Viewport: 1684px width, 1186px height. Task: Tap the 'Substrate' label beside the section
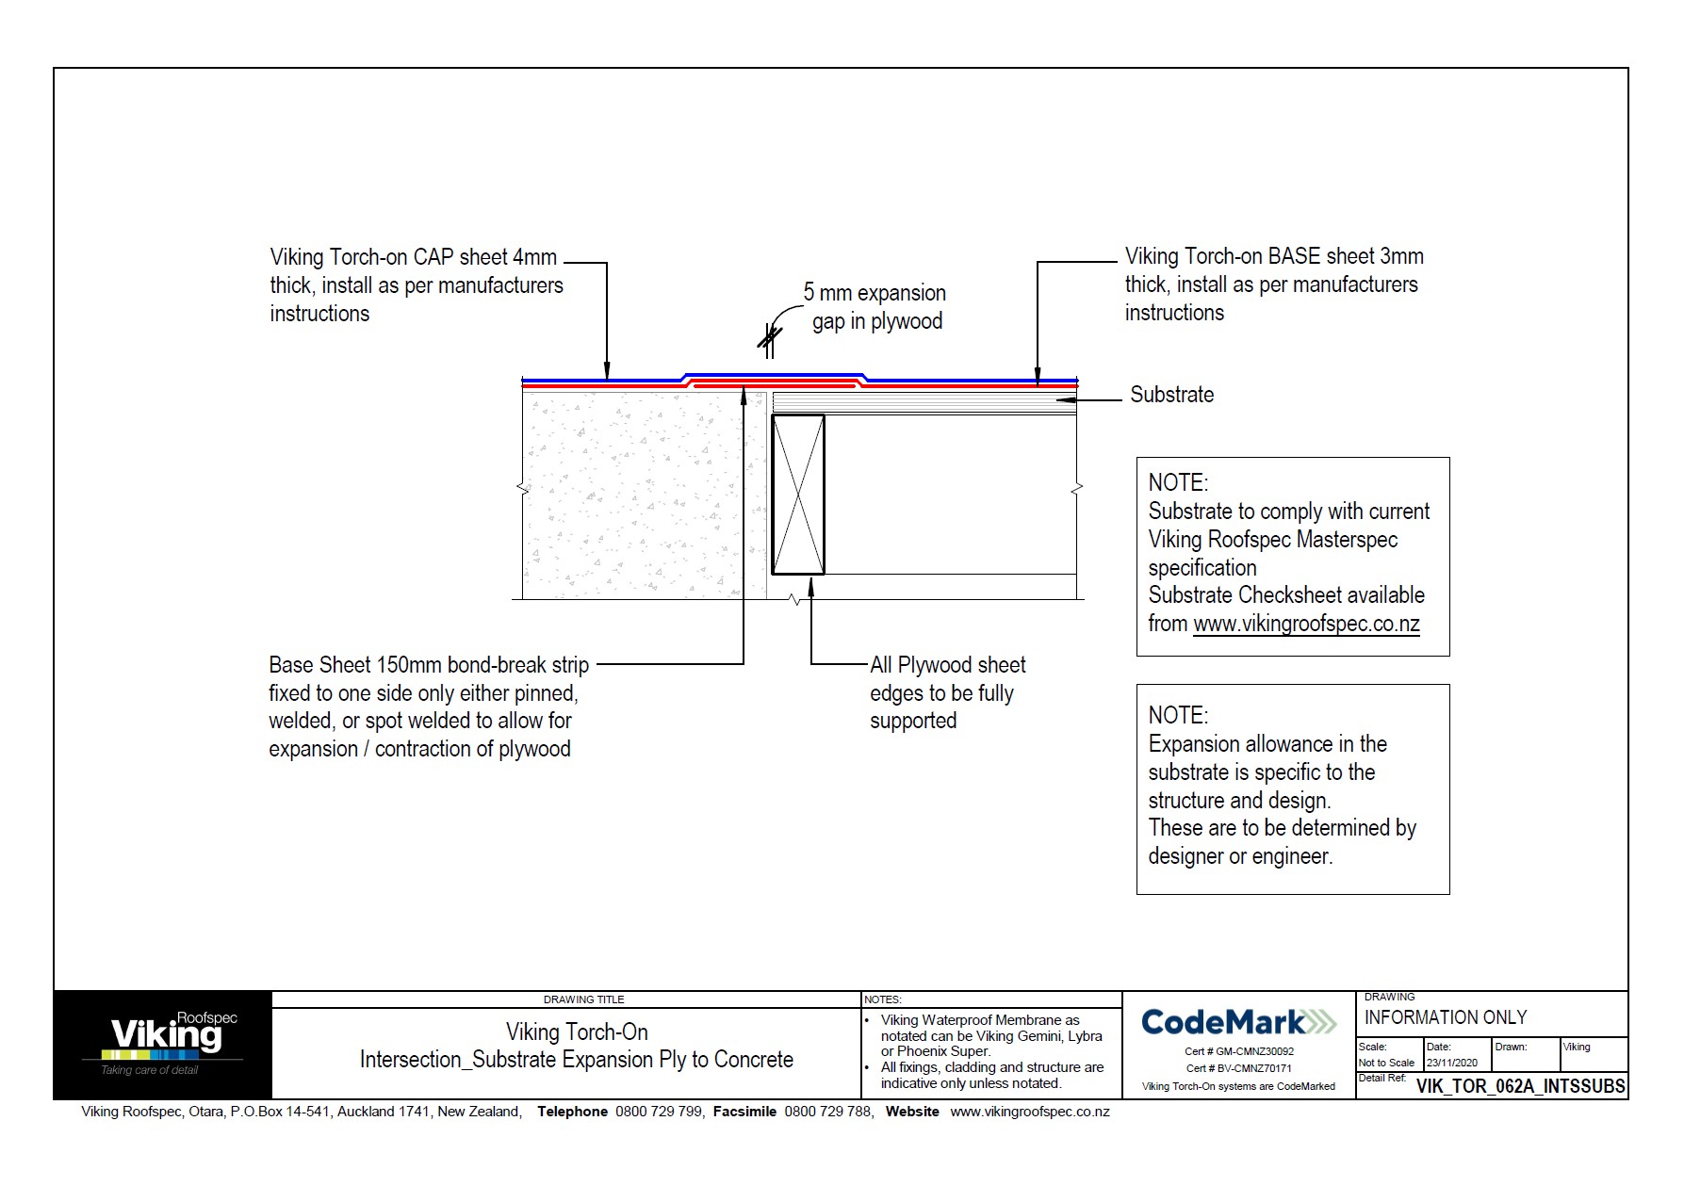(x=1171, y=395)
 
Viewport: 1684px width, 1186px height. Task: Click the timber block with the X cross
(x=798, y=495)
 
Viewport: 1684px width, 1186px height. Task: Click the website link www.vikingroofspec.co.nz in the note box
(x=1306, y=624)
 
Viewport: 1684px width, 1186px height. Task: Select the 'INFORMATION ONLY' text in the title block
(x=1445, y=1017)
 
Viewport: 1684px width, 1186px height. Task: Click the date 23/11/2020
(x=1451, y=1063)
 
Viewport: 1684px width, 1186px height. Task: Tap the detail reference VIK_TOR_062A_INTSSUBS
(x=1520, y=1086)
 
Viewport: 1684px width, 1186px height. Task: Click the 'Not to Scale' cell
(x=1386, y=1063)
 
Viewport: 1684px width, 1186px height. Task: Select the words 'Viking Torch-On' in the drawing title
(x=577, y=1032)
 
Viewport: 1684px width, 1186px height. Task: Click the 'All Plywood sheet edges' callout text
(x=946, y=692)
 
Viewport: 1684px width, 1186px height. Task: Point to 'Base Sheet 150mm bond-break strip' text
(x=428, y=665)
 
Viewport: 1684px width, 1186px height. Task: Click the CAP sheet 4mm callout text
(x=415, y=284)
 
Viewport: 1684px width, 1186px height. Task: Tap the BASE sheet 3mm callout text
(x=1272, y=284)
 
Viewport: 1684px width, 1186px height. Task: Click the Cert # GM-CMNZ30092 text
(x=1238, y=1051)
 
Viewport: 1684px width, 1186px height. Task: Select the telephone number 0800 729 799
(x=659, y=1112)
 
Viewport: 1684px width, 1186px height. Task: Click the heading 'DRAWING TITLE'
(x=583, y=999)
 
